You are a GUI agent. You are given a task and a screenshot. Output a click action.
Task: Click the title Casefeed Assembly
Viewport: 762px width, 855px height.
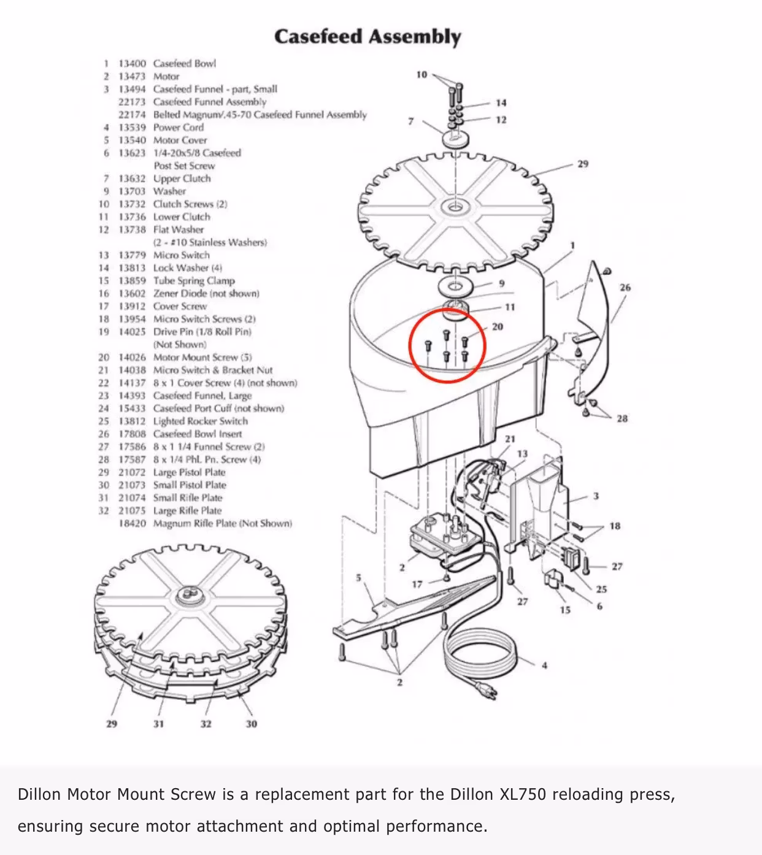click(367, 37)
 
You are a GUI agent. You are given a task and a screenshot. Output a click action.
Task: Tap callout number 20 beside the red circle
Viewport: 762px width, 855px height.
click(497, 327)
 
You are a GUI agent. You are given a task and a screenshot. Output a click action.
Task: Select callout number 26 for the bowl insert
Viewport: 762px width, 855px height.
click(625, 287)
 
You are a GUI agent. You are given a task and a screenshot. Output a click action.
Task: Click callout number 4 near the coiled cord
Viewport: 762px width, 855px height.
click(544, 665)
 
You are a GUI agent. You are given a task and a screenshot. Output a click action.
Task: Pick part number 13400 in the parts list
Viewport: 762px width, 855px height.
click(132, 63)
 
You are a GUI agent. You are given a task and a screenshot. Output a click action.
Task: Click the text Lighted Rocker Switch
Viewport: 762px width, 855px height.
click(200, 421)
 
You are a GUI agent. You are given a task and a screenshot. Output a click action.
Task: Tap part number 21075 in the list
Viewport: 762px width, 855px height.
click(132, 510)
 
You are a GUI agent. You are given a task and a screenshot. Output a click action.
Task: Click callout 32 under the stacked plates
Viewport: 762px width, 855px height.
click(206, 724)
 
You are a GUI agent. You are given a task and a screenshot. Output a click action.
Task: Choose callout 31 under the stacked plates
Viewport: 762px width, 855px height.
click(158, 724)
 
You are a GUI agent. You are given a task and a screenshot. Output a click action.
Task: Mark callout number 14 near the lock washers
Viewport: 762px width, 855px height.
click(501, 103)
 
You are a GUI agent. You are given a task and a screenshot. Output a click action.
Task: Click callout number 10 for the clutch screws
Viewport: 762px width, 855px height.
click(421, 75)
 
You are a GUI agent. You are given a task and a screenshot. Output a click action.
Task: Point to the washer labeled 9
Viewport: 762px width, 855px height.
click(455, 286)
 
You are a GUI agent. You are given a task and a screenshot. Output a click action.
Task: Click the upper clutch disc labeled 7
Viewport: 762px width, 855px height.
click(456, 137)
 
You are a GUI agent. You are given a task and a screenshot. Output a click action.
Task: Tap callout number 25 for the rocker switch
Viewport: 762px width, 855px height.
click(601, 589)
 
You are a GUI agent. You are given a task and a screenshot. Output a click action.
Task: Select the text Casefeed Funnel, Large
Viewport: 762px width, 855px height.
click(202, 396)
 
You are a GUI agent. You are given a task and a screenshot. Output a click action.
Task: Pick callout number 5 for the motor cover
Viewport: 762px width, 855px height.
click(359, 578)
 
